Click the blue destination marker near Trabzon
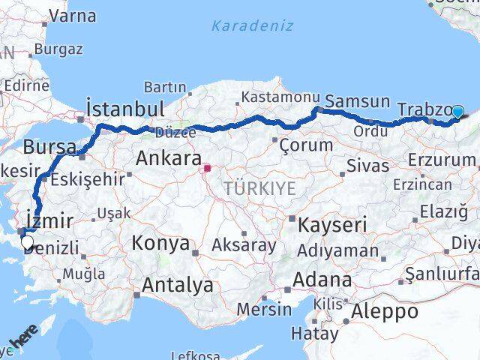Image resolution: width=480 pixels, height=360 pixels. pyautogui.click(x=458, y=112)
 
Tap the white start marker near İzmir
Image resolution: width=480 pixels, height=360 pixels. pyautogui.click(x=28, y=241)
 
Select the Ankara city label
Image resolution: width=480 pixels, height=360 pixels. pyautogui.click(x=168, y=159)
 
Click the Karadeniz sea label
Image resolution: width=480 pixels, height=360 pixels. pyautogui.click(x=243, y=27)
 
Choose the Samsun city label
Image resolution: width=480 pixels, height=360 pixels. pyautogui.click(x=359, y=101)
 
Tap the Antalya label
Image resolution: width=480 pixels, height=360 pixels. pyautogui.click(x=177, y=285)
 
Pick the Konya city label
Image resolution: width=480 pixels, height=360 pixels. pyautogui.click(x=161, y=243)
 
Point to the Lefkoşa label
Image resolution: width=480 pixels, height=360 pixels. pyautogui.click(x=195, y=355)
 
